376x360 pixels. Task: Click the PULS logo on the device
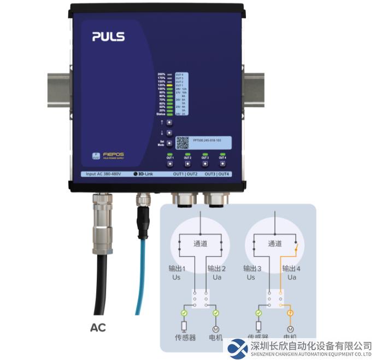(108, 37)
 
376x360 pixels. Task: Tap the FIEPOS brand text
(113, 155)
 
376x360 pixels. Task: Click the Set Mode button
(169, 143)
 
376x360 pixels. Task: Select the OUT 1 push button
(170, 163)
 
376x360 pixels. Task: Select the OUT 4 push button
(222, 163)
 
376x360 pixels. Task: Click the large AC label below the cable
(98, 328)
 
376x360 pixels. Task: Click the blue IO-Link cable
(142, 274)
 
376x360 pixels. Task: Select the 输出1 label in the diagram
(177, 269)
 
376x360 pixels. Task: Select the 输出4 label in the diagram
(291, 269)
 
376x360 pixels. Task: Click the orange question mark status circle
(290, 313)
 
